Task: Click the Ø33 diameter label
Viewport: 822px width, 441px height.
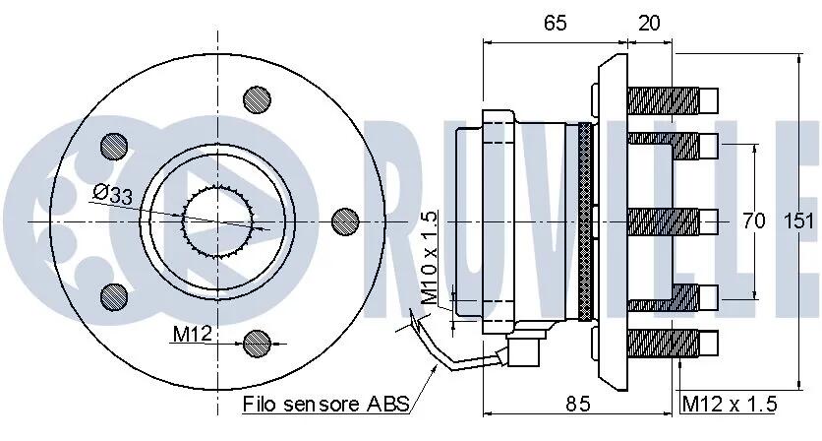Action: [x=113, y=194]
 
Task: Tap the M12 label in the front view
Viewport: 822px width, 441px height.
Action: [x=192, y=333]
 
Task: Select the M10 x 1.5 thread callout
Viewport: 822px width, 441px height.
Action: [x=430, y=258]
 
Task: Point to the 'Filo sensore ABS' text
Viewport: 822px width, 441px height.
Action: [x=325, y=404]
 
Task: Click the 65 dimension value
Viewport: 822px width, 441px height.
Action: [x=556, y=23]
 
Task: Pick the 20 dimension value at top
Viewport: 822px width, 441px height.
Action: [x=649, y=23]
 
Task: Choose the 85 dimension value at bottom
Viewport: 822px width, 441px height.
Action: [x=578, y=404]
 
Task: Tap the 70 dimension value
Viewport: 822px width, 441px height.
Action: [x=754, y=221]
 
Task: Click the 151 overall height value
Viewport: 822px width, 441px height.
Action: [x=800, y=221]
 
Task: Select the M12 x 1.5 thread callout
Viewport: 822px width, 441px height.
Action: [x=730, y=404]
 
